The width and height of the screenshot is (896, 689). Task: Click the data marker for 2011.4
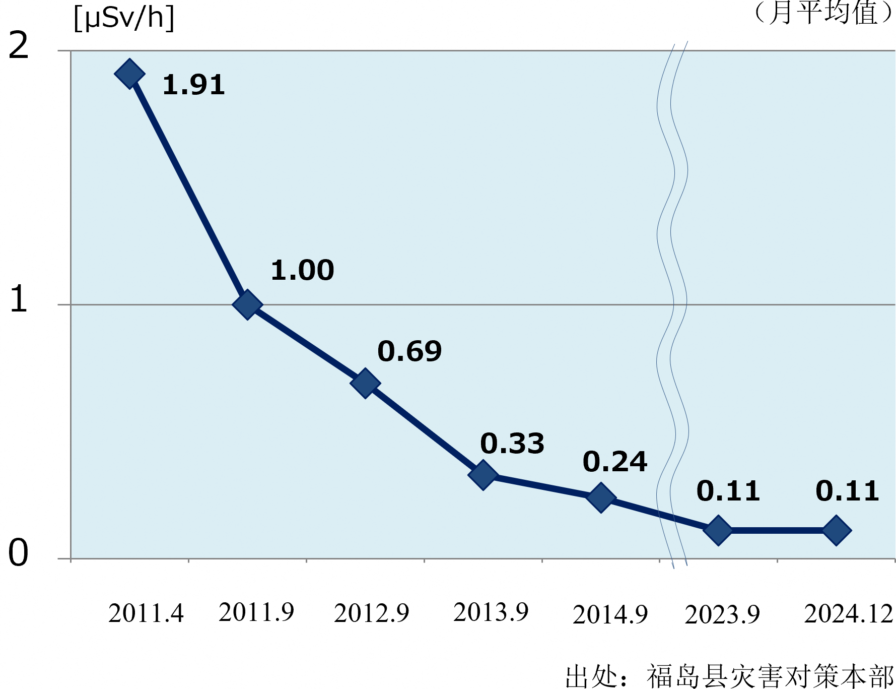[129, 74]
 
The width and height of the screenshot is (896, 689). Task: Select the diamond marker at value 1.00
[247, 304]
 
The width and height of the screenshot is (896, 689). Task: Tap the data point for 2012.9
[365, 383]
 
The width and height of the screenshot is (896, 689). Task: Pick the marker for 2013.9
[483, 474]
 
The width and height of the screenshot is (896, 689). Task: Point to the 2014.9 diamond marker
[601, 497]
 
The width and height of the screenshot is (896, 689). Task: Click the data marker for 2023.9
[718, 530]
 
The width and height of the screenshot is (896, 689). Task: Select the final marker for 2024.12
[837, 530]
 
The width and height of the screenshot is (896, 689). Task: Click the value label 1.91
[193, 85]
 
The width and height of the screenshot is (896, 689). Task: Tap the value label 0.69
[409, 351]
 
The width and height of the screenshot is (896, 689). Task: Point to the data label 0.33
[512, 444]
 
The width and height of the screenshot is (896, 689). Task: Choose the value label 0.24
[615, 462]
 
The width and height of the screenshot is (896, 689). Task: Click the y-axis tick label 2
[19, 46]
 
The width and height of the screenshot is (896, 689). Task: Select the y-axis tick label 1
[19, 299]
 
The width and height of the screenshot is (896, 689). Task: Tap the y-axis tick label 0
[19, 552]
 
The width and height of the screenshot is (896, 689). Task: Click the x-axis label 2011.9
[256, 612]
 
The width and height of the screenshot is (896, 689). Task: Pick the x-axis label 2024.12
[849, 614]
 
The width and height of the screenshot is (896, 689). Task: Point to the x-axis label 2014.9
[610, 614]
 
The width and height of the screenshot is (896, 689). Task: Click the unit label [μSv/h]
[124, 18]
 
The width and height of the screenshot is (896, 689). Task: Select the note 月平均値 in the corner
[824, 12]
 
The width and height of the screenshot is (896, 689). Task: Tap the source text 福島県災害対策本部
[770, 676]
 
